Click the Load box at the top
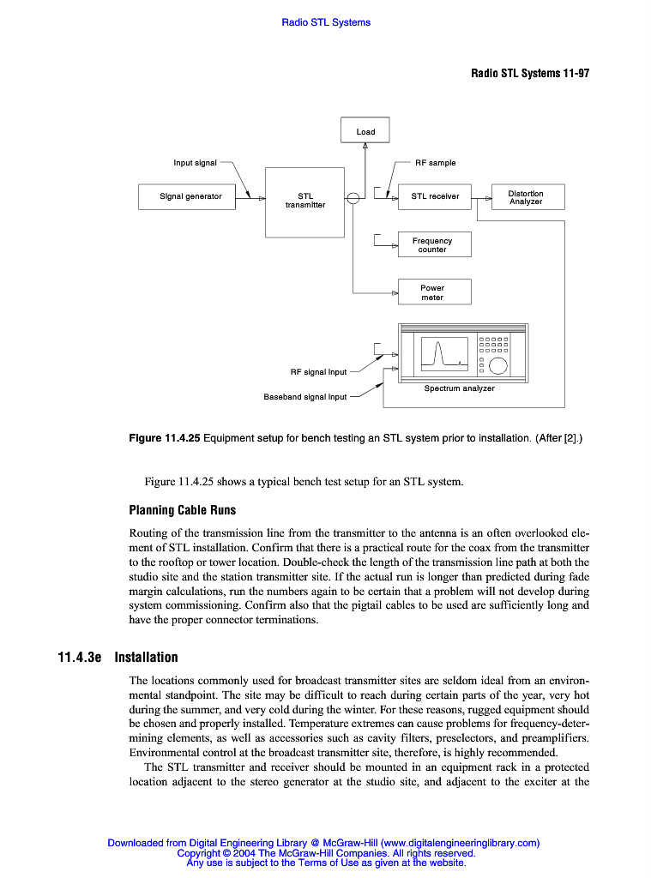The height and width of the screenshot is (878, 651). click(x=365, y=130)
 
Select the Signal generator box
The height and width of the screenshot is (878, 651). click(x=190, y=197)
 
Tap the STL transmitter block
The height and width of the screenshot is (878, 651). click(x=305, y=201)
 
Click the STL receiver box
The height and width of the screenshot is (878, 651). click(x=435, y=197)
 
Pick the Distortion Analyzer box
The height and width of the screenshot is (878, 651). click(x=525, y=197)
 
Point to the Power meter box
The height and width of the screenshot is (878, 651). click(x=432, y=292)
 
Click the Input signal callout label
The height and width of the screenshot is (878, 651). click(x=195, y=163)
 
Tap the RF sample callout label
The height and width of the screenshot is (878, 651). click(x=436, y=163)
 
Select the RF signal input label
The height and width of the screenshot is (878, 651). click(x=318, y=372)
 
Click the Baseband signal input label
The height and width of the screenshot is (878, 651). click(x=304, y=397)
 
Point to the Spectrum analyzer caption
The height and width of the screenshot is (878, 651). click(x=459, y=388)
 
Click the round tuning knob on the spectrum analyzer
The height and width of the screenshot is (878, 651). click(x=497, y=366)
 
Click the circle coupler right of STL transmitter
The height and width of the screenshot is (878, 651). click(x=353, y=199)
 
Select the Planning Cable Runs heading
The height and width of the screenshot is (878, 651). click(x=182, y=510)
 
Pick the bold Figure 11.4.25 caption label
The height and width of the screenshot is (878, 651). click(x=164, y=438)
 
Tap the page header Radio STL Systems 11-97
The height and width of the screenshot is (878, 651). click(x=529, y=73)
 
